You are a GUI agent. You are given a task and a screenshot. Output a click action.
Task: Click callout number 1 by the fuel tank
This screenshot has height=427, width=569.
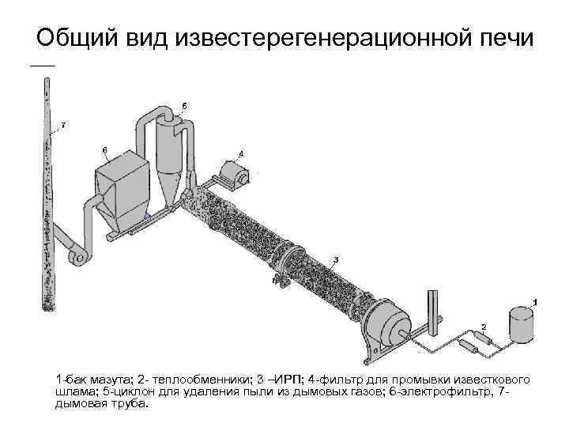click(x=536, y=301)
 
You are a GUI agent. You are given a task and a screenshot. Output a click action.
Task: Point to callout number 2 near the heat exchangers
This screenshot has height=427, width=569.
click(x=484, y=325)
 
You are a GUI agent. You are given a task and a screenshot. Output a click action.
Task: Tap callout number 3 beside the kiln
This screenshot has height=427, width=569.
click(x=336, y=259)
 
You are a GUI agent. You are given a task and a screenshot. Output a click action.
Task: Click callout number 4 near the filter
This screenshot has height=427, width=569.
click(x=241, y=153)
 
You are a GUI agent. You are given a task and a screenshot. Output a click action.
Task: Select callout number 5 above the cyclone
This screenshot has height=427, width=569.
click(x=184, y=105)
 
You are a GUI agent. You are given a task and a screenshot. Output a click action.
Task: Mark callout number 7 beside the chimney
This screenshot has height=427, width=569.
click(x=63, y=125)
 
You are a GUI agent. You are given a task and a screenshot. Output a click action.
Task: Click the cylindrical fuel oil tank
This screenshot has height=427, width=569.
click(x=521, y=324)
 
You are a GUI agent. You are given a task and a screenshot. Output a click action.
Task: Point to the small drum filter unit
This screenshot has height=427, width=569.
click(x=234, y=174)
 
